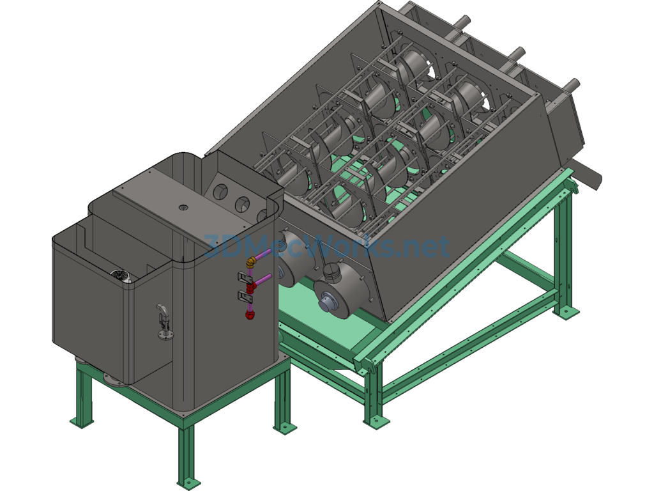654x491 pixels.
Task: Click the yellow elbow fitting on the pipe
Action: [x=250, y=263]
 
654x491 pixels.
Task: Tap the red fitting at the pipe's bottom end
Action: [x=250, y=315]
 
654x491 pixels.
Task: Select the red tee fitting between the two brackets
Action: [x=250, y=288]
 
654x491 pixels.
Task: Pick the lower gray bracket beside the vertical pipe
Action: [x=244, y=297]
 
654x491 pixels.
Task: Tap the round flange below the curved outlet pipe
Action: [x=165, y=334]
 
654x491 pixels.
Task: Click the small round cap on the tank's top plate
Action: [x=183, y=207]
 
